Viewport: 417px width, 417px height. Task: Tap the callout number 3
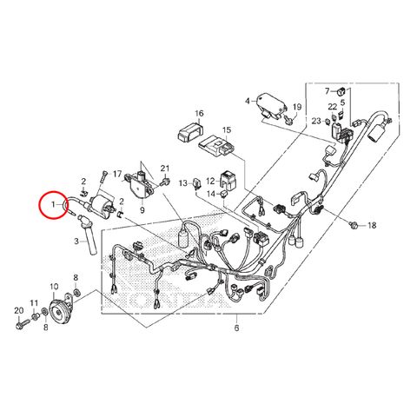76,241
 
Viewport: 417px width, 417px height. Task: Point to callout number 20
19,311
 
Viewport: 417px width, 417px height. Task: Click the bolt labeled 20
22,322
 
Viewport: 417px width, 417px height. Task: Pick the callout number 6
236,328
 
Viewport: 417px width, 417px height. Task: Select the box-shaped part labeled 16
190,131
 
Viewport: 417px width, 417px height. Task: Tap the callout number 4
247,101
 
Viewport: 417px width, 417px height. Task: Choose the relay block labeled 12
228,181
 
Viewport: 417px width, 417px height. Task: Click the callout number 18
372,225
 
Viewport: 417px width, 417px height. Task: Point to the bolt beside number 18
354,224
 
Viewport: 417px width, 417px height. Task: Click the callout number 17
117,174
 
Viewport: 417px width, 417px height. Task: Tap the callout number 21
165,169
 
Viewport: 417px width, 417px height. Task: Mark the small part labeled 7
341,90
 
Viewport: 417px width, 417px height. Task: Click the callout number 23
317,121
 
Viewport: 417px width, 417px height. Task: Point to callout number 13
183,182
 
